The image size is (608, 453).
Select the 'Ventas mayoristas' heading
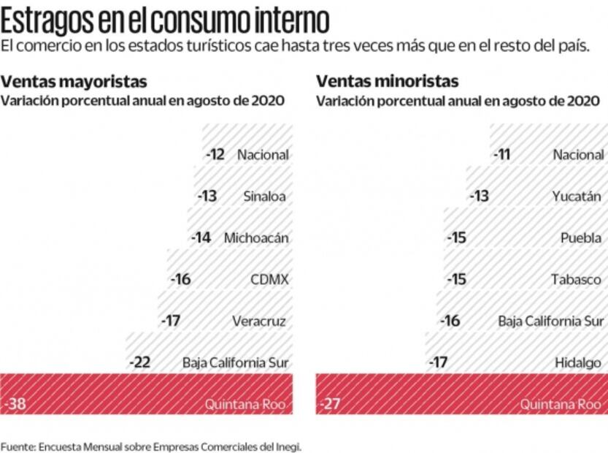[74, 81]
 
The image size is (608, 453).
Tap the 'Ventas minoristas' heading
[387, 81]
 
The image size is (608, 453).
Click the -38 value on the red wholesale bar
[15, 404]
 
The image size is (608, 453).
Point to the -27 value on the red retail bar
[331, 404]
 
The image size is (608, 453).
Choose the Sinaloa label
[264, 197]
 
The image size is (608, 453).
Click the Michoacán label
[256, 238]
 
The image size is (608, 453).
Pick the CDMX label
[269, 280]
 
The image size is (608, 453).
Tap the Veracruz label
[259, 321]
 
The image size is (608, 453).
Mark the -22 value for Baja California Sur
[139, 363]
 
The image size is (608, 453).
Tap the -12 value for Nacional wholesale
[215, 155]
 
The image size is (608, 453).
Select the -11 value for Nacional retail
[502, 155]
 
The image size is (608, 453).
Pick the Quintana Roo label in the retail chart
[561, 404]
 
